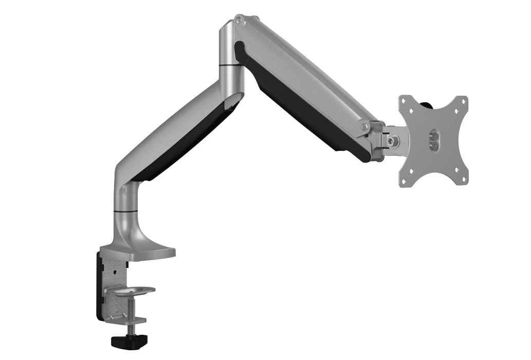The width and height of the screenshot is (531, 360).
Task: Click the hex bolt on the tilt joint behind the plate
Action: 392,140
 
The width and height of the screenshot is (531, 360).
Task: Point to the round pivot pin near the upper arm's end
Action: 364,125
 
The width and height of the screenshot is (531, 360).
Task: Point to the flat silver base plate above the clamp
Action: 139,252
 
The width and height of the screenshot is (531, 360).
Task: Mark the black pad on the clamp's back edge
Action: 98,283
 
